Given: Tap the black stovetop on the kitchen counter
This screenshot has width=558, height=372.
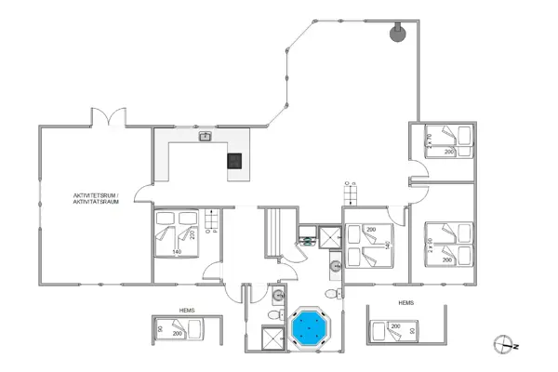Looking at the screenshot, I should point(236,160).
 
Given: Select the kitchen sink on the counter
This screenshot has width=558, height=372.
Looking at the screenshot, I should point(205,138).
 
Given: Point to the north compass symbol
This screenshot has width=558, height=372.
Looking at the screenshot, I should point(506,343).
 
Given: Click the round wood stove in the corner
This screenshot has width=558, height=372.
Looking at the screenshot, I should point(398,33).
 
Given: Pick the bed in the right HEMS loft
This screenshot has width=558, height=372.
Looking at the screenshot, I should point(396,329).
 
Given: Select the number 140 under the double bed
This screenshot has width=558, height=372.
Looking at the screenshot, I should point(177,251).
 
